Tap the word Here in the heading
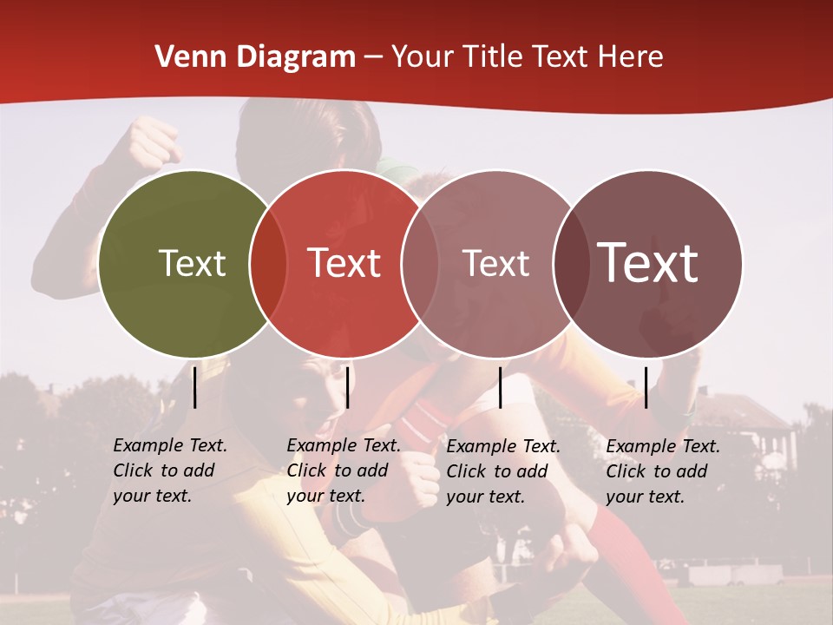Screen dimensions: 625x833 click(631, 57)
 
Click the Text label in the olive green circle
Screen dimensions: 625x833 click(192, 263)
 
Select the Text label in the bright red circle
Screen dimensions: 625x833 click(344, 263)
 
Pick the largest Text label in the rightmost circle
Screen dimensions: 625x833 click(648, 262)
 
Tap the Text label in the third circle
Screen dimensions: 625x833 click(495, 263)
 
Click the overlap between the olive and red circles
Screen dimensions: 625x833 click(268, 264)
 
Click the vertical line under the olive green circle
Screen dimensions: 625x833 click(195, 387)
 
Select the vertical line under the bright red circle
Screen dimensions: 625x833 click(347, 387)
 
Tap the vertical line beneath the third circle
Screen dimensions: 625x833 click(501, 387)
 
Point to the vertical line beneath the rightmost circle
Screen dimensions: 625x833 click(646, 387)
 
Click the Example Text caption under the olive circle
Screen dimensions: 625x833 click(170, 470)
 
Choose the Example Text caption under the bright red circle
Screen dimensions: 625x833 click(344, 470)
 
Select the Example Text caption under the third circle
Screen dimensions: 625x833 click(503, 471)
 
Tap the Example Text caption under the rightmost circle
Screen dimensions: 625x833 click(663, 471)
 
